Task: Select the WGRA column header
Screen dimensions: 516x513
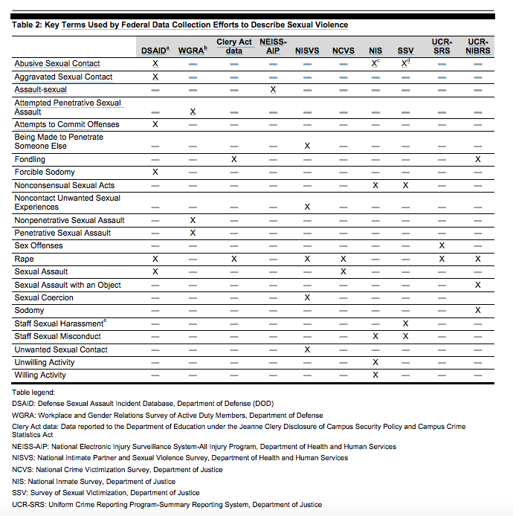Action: point(192,50)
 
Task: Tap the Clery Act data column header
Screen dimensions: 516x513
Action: point(234,46)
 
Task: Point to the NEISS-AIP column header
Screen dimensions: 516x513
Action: point(273,46)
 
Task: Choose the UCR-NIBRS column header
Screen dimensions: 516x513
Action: point(477,46)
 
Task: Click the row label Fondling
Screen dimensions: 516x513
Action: point(30,159)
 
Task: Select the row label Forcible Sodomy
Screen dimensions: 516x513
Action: point(45,172)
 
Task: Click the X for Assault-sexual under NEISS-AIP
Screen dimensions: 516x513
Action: point(273,89)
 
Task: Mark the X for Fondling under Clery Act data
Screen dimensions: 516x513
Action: point(234,159)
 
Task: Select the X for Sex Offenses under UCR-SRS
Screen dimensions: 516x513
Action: point(442,245)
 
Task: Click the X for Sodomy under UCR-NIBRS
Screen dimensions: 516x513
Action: point(477,310)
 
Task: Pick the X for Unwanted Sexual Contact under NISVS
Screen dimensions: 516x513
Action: point(307,349)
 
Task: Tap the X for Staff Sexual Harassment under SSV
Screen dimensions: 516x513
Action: point(405,323)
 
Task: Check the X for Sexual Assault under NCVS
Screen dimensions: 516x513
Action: point(343,271)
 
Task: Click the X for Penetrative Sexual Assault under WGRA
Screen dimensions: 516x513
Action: point(193,233)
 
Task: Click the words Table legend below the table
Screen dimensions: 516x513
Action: point(35,391)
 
